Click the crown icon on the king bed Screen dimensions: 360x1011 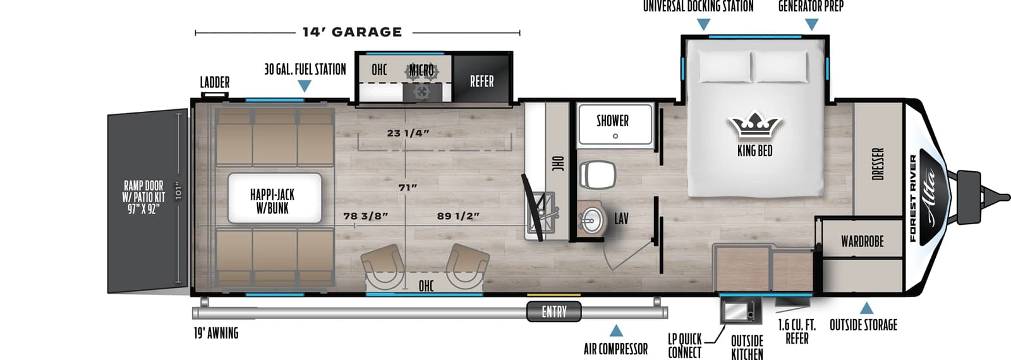pyautogui.click(x=754, y=126)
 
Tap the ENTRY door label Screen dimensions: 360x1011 pyautogui.click(x=554, y=311)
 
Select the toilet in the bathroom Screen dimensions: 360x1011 pyautogui.click(x=597, y=174)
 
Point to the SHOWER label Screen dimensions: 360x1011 pyautogui.click(x=612, y=121)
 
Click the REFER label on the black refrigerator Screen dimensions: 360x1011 pyautogui.click(x=481, y=81)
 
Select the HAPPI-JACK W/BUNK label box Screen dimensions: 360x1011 pyautogui.click(x=272, y=201)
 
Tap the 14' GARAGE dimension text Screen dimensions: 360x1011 pyautogui.click(x=352, y=32)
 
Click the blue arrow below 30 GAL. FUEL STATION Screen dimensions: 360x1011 pyautogui.click(x=304, y=86)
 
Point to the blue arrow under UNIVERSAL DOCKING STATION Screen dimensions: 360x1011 pyautogui.click(x=703, y=25)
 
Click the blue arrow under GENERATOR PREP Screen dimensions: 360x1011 pyautogui.click(x=812, y=25)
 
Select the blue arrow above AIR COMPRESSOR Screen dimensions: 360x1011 pyautogui.click(x=615, y=330)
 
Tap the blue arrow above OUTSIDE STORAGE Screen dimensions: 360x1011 pyautogui.click(x=866, y=308)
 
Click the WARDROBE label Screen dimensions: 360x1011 pyautogui.click(x=862, y=241)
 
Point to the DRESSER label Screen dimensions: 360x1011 pyautogui.click(x=878, y=164)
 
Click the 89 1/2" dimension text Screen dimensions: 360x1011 pyautogui.click(x=458, y=216)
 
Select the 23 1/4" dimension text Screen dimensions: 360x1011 pyautogui.click(x=408, y=133)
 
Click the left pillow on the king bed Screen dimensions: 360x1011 pyautogui.click(x=724, y=66)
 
